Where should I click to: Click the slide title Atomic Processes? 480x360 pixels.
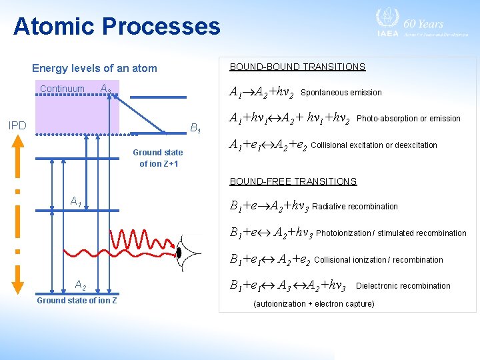tap(117, 26)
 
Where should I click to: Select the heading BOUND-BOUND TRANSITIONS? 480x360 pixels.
tap(297, 67)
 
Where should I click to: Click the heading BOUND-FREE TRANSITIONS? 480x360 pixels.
tap(293, 181)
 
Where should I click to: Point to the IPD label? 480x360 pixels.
tap(17, 125)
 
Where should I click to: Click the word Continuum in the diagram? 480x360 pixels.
tap(62, 89)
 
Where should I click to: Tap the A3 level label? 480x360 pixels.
tap(105, 89)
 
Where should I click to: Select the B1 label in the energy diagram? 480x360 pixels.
tap(197, 127)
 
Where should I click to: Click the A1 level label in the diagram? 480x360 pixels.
tap(76, 201)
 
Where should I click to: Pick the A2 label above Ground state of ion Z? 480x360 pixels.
tap(80, 285)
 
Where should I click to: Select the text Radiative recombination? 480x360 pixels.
tap(355, 207)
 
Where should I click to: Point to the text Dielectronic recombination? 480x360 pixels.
tap(403, 286)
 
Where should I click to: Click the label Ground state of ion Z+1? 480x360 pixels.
tap(158, 158)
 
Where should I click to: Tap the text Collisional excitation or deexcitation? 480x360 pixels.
tap(374, 145)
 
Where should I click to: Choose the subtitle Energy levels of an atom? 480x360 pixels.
tap(95, 68)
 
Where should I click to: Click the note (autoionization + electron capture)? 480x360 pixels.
tap(314, 304)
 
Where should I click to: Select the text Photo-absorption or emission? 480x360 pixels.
tap(409, 119)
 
